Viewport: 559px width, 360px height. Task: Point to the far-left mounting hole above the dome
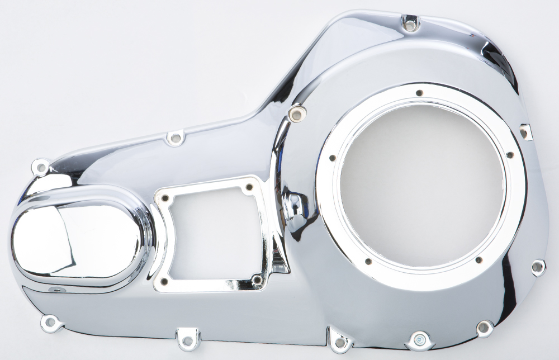point(40,166)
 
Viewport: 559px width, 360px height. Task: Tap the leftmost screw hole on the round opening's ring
point(331,158)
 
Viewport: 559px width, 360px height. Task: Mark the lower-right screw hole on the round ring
point(478,259)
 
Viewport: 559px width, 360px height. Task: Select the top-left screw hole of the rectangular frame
point(165,197)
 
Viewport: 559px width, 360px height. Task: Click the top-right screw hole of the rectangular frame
point(249,187)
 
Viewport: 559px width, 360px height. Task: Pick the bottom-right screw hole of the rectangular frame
point(257,279)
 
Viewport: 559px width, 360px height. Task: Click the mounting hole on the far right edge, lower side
point(538,267)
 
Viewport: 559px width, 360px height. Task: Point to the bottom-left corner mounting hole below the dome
point(49,322)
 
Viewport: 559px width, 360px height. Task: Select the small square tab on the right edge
point(525,131)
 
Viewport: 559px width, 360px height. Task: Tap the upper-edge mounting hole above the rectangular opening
point(176,136)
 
